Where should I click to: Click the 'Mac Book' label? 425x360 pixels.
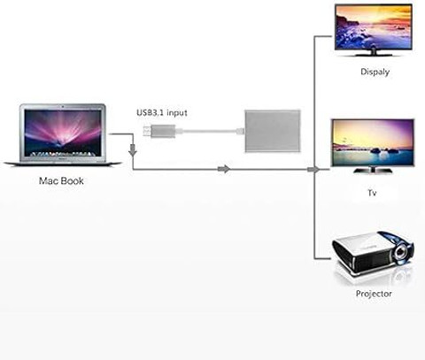coord(61,180)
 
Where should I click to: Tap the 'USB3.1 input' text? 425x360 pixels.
coord(162,112)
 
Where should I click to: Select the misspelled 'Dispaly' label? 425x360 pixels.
coord(375,72)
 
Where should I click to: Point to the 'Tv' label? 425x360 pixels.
coord(372,193)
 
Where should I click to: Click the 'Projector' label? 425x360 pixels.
coord(374,294)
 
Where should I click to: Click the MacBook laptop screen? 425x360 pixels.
coord(63,133)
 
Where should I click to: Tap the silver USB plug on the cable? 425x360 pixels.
coord(158,131)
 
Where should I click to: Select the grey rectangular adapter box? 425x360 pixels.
coord(273,131)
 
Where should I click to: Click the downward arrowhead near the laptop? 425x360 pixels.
coord(133,151)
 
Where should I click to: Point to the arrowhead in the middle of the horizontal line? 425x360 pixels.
coord(224,169)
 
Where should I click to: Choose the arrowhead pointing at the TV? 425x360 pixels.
coord(313,170)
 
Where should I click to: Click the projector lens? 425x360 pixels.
coord(400,251)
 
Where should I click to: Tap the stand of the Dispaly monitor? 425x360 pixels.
coord(374,52)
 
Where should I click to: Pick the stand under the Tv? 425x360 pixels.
coord(373,170)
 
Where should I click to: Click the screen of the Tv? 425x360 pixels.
coord(373,142)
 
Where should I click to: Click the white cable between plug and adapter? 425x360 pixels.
coord(210,131)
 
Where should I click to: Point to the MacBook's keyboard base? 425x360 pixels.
coord(63,163)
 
